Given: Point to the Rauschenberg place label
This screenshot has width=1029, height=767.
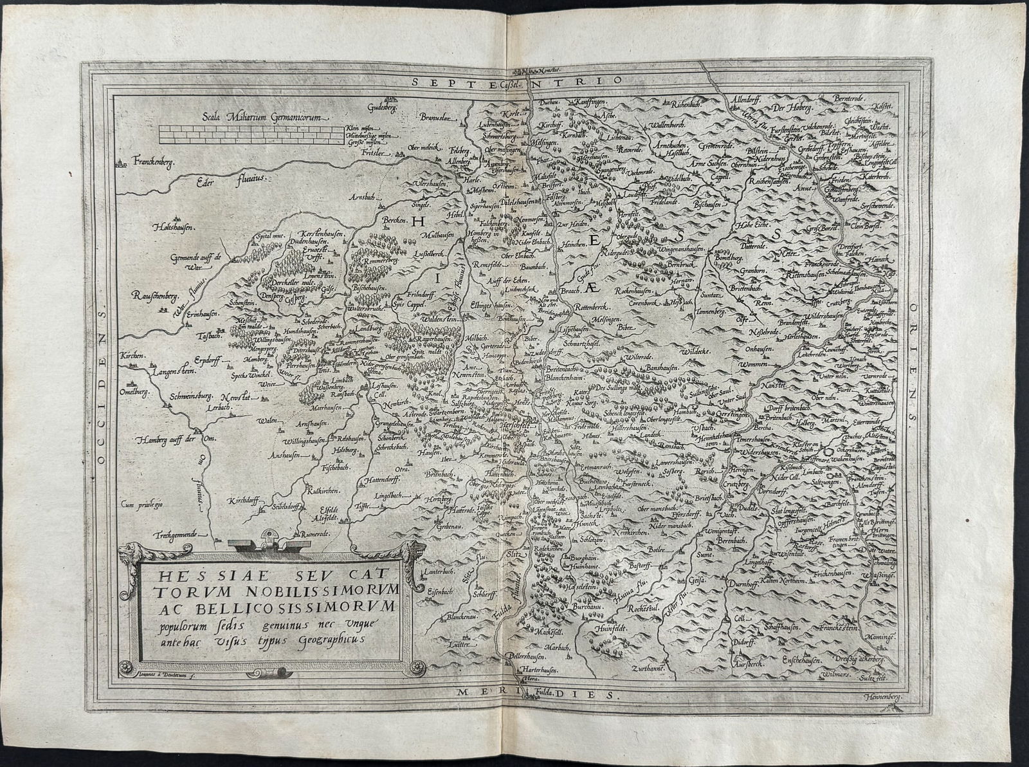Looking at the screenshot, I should click(154, 295).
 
